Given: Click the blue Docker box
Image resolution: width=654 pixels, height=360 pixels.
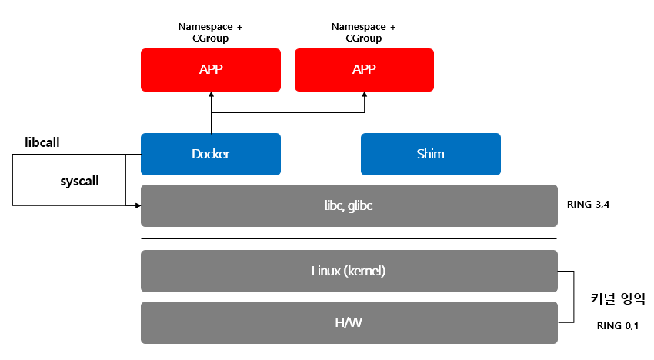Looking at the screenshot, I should pos(210,154).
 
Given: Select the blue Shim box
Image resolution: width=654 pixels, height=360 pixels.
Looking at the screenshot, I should pos(431,154).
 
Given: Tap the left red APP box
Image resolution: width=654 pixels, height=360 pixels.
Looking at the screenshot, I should pos(210,70).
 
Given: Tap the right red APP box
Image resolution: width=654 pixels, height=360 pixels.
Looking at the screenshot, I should pos(364,70).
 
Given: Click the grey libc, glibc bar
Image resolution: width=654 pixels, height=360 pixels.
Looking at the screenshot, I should pos(349,205).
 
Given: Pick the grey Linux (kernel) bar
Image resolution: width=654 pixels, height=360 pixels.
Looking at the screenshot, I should pos(349,271).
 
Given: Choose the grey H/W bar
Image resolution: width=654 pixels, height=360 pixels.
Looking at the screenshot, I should pos(349,322).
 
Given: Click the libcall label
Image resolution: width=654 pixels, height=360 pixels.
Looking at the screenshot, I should pos(42,143).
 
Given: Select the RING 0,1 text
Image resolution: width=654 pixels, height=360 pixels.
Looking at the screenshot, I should pos(618,326).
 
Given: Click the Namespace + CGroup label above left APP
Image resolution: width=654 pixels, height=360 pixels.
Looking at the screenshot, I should pos(210,32).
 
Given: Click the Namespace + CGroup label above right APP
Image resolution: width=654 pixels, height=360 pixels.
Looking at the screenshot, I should pos(364,32).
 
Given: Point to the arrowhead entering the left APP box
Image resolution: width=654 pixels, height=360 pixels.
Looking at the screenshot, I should pos(210,95).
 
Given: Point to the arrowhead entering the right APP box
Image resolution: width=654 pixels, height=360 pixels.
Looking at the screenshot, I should pos(364,95).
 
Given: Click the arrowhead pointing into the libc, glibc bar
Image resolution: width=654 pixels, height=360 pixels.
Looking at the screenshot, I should pos(137,205).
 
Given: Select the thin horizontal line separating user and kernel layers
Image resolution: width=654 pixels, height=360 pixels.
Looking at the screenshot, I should pos(349,238).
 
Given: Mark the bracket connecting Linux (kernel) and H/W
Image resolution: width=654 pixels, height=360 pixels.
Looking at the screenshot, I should pos(573,296).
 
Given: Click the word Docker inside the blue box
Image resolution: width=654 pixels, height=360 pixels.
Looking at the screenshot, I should pos(210,154).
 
